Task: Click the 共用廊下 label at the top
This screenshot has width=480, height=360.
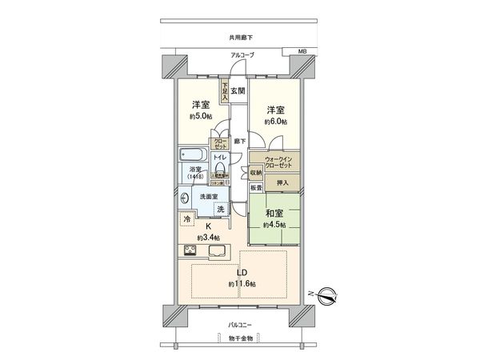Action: [x=239, y=37]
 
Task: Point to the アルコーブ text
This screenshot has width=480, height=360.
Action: [x=242, y=54]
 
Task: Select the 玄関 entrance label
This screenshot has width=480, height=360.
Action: [x=238, y=91]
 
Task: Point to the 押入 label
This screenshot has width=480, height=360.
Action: [x=282, y=183]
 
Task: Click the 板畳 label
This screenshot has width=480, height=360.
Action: [x=255, y=188]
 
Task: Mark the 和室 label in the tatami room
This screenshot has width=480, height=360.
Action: [x=274, y=214]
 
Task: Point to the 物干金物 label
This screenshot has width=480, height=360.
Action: [x=239, y=338]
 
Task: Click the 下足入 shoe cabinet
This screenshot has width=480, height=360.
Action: [x=226, y=90]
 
